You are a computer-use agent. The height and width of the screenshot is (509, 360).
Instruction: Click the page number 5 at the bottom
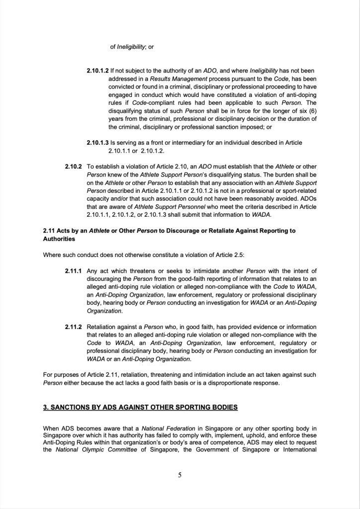click(180, 475)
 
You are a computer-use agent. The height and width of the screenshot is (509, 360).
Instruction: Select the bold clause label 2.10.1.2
click(97, 72)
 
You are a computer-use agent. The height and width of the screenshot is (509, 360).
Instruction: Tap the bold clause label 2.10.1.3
click(97, 143)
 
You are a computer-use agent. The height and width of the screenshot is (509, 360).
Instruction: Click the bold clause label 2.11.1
click(74, 271)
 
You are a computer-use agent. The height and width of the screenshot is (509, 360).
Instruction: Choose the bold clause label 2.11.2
click(74, 327)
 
